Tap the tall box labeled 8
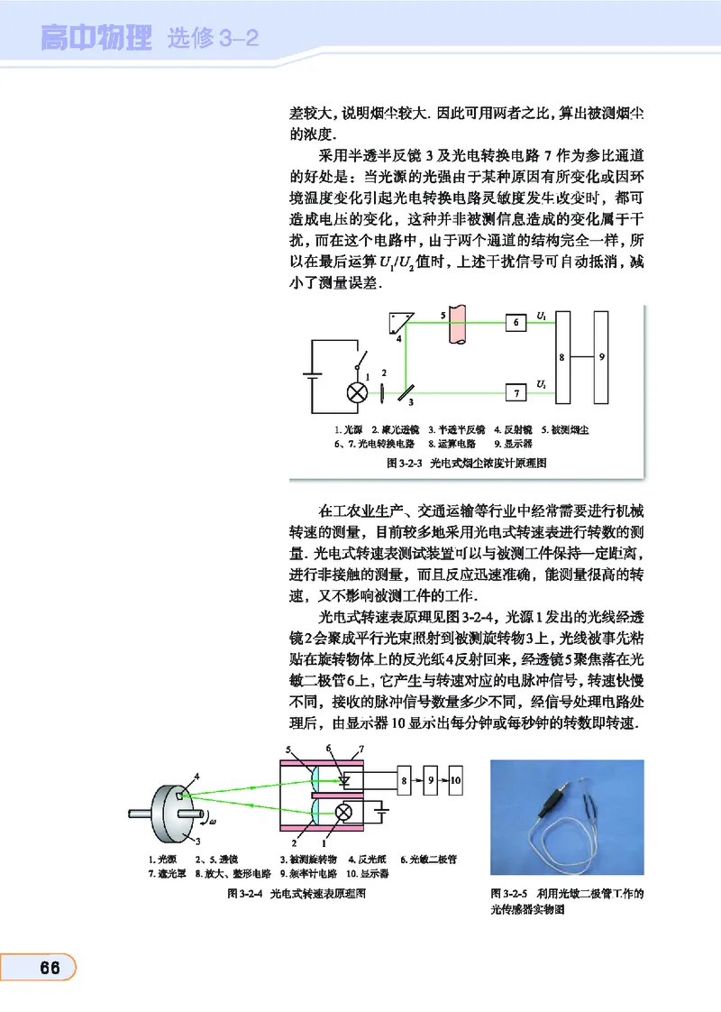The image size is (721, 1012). (x=564, y=357)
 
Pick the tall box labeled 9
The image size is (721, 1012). (x=602, y=357)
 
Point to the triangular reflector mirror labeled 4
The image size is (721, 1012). (x=397, y=325)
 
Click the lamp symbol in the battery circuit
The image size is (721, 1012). (x=358, y=392)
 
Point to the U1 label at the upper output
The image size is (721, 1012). (x=541, y=316)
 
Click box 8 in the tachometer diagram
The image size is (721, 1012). (x=406, y=777)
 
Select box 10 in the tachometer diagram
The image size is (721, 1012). (x=457, y=777)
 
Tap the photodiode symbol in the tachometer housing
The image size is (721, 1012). (x=344, y=777)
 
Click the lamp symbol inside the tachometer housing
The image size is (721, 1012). (x=342, y=813)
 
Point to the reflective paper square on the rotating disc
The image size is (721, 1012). (x=181, y=795)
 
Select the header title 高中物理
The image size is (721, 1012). (x=97, y=39)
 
